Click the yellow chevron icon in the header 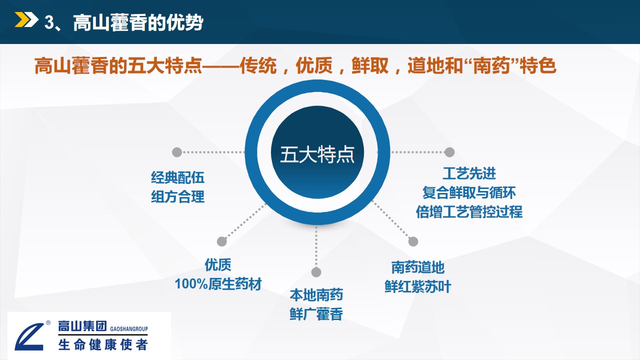(x=26, y=19)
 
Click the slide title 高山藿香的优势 (x=138, y=22)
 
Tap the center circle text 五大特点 (x=317, y=154)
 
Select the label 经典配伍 (x=177, y=177)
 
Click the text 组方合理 (x=177, y=196)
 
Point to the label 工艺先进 (x=469, y=173)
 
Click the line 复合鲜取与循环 (x=469, y=192)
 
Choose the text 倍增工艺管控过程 (x=469, y=211)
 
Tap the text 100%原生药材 (x=218, y=284)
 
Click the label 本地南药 (x=316, y=295)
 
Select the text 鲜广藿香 (x=316, y=314)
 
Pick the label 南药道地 (x=417, y=267)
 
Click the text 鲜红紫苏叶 (x=417, y=286)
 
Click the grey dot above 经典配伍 (x=177, y=152)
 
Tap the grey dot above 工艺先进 (x=449, y=152)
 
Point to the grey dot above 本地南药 (x=316, y=272)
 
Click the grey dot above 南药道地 (x=413, y=241)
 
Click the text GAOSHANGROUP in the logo (x=129, y=329)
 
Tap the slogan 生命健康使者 (x=103, y=344)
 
